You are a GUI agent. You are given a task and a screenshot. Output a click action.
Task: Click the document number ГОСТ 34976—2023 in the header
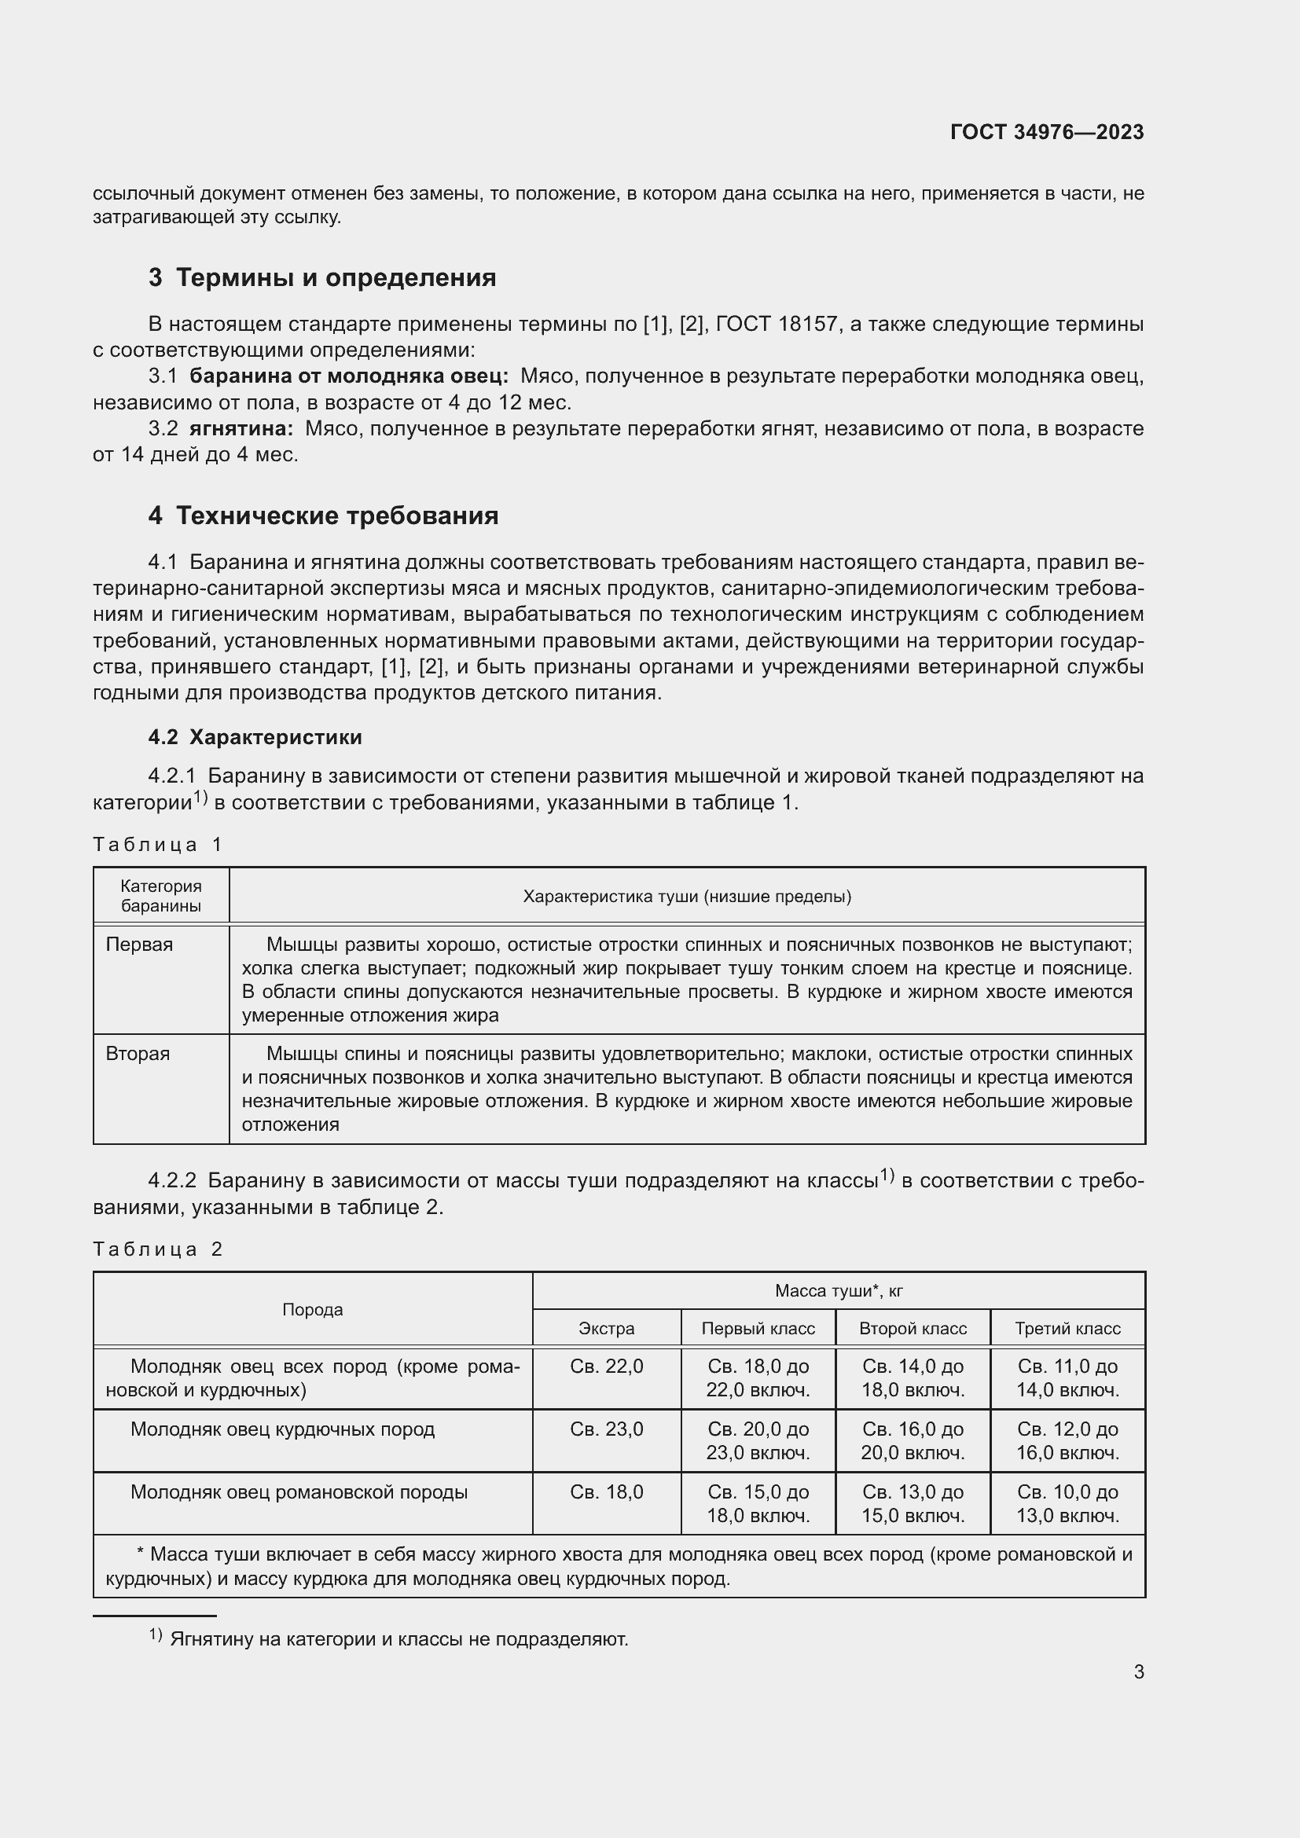[x=1046, y=132]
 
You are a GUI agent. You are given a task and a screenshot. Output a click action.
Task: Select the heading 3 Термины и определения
[x=321, y=277]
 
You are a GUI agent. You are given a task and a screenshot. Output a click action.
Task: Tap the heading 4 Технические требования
[x=322, y=515]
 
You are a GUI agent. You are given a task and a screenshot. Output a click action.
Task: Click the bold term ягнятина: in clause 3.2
[x=241, y=429]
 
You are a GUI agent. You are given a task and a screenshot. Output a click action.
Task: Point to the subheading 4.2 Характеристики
[x=255, y=737]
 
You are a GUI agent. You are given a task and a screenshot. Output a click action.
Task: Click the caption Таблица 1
[x=157, y=845]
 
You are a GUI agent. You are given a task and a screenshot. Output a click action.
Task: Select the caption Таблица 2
[x=157, y=1249]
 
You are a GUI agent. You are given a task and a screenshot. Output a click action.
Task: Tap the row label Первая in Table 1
[x=139, y=945]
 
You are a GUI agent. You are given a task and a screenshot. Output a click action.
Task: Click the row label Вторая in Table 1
[x=138, y=1054]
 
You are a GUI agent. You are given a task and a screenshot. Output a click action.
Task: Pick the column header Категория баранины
[x=161, y=896]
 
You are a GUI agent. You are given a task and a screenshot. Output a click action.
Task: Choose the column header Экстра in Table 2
[x=606, y=1328]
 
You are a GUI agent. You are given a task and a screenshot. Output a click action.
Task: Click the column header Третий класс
[x=1067, y=1328]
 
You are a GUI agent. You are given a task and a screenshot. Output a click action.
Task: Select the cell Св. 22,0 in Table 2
[x=606, y=1367]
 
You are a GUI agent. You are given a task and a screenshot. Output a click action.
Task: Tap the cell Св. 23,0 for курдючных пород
[x=606, y=1429]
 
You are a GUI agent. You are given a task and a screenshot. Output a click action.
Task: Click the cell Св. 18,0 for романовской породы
[x=606, y=1492]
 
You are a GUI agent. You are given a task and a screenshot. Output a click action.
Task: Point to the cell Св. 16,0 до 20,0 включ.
[x=913, y=1440]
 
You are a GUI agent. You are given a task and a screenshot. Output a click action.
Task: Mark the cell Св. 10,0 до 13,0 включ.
[x=1067, y=1503]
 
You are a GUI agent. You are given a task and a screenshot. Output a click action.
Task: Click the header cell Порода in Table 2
[x=312, y=1310]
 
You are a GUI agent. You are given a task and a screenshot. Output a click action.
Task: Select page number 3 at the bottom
[x=1138, y=1672]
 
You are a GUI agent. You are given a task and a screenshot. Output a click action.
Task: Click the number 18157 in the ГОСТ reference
[x=808, y=325]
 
